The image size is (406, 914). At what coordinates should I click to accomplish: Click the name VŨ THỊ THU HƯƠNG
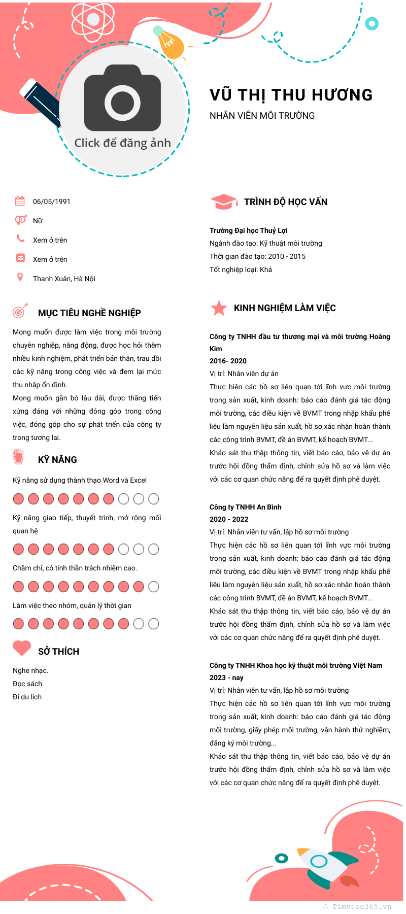click(291, 95)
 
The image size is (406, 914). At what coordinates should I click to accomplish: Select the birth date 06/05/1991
click(52, 201)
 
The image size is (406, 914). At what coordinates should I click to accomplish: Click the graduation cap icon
click(223, 201)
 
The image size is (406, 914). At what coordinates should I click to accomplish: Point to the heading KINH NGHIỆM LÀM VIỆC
click(285, 308)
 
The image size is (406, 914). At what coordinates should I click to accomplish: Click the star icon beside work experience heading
click(219, 308)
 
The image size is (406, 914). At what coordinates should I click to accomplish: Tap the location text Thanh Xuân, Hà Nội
click(64, 279)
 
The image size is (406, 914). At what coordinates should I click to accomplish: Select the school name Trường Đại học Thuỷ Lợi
click(249, 230)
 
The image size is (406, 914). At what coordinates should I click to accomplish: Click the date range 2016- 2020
click(228, 361)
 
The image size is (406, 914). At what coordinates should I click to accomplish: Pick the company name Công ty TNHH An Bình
click(245, 507)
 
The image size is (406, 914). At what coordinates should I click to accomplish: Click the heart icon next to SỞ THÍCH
click(22, 648)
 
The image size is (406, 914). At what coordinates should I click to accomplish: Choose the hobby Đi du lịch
click(27, 697)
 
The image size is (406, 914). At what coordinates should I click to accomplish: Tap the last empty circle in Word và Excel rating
click(153, 499)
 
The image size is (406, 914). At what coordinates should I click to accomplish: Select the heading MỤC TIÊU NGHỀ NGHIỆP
click(89, 313)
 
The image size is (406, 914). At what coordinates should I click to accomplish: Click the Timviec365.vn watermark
click(361, 906)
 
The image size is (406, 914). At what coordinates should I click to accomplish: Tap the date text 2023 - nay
click(226, 678)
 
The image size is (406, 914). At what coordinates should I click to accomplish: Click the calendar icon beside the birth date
click(20, 201)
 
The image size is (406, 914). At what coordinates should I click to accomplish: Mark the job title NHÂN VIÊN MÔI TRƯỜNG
click(262, 116)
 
